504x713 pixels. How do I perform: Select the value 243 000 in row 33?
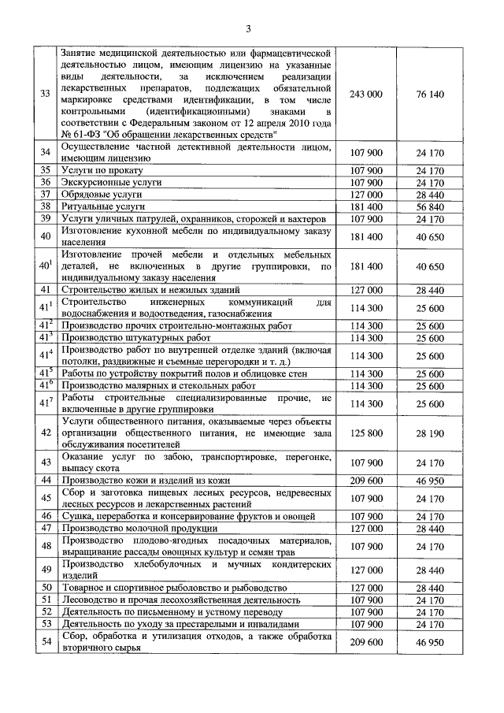click(365, 94)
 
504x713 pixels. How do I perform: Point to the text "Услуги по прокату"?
click(98, 170)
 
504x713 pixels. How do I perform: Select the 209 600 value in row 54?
click(365, 643)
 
